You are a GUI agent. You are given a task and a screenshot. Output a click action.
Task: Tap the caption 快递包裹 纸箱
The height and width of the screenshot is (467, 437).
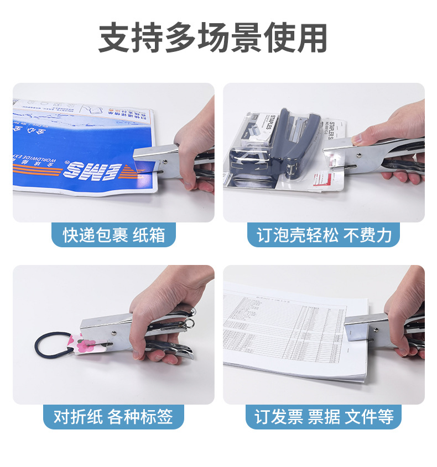[113, 235]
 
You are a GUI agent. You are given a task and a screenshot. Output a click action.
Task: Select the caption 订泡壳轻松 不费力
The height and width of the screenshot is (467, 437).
[324, 235]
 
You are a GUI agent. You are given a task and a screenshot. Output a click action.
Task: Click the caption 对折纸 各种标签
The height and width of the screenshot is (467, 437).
[113, 416]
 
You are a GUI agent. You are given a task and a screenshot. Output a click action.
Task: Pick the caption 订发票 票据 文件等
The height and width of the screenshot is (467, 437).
[324, 416]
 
